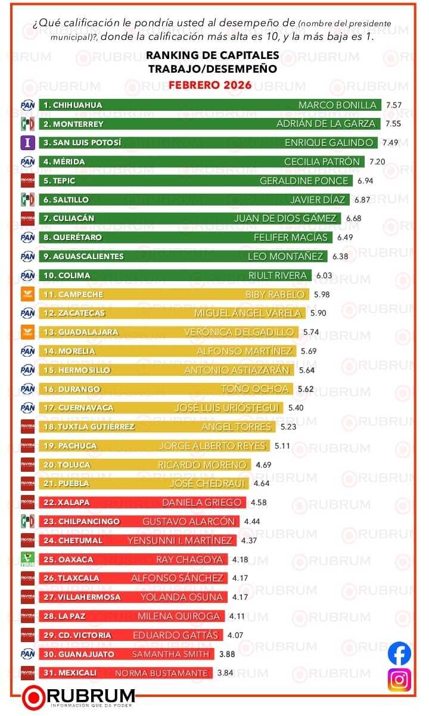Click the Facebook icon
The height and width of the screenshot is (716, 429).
click(399, 653)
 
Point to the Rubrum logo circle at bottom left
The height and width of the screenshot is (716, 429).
click(34, 698)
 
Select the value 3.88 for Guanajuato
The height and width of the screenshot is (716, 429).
click(228, 654)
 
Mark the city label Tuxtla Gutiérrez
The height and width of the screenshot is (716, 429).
click(89, 427)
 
